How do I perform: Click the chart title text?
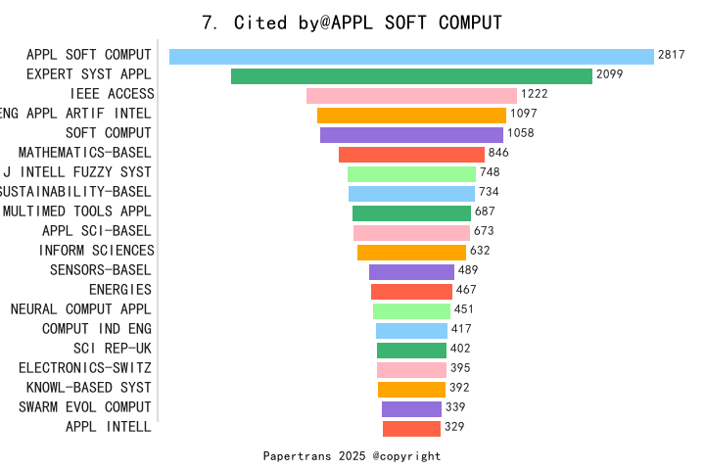pos(352,23)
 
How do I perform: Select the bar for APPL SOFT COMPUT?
pos(411,57)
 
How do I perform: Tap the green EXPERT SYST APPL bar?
pos(411,76)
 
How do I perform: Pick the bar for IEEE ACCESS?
pos(411,96)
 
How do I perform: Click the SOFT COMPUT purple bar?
pos(411,135)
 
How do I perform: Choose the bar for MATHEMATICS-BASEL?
pos(411,155)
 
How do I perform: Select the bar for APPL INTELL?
pos(411,429)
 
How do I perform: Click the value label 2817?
pos(671,55)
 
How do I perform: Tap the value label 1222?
pos(534,94)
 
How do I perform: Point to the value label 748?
pos(490,172)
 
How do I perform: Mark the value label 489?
pos(468,270)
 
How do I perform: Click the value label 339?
pos(455,407)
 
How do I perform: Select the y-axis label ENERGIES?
pos(120,290)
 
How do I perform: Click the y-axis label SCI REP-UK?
pos(113,349)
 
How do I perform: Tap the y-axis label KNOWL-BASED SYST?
pos(89,388)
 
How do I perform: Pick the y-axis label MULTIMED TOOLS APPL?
pos(77,211)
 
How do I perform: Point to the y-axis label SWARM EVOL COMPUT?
pos(85,407)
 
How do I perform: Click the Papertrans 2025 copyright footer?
pos(352,456)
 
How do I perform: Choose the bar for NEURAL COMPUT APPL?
pos(411,311)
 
